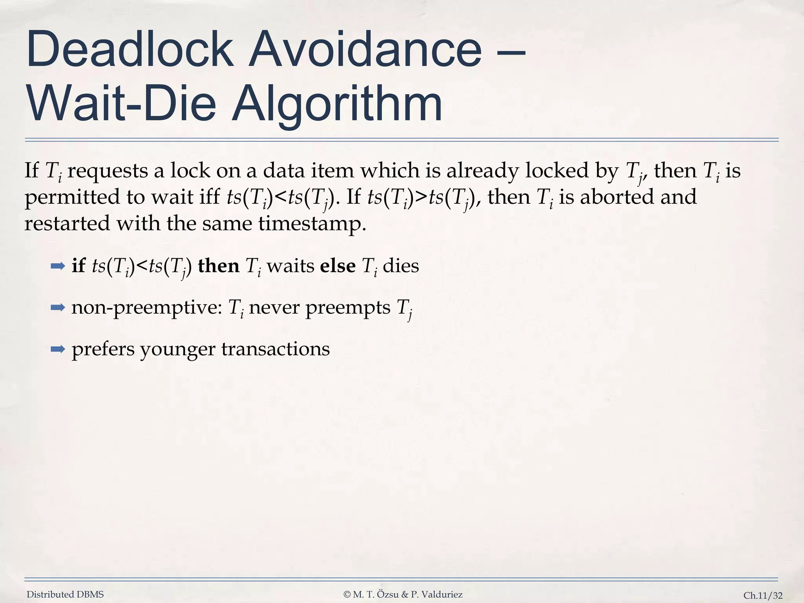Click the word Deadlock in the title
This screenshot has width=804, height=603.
[x=130, y=50]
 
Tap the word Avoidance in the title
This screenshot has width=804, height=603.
[x=365, y=50]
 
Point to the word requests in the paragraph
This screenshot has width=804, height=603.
[x=110, y=171]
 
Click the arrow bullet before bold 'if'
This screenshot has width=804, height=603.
[x=58, y=267]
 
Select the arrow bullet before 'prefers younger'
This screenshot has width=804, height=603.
[x=58, y=349]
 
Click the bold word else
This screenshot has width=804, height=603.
[x=338, y=266]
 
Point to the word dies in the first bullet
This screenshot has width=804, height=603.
[x=401, y=266]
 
